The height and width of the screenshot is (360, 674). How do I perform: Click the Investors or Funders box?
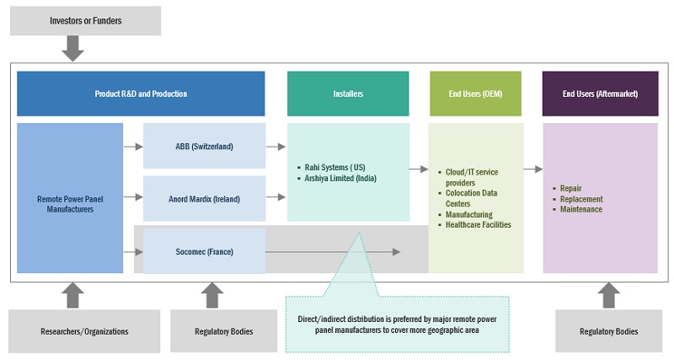(x=85, y=20)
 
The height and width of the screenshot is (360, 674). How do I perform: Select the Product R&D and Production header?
(x=141, y=94)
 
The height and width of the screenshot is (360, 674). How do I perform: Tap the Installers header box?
(x=348, y=94)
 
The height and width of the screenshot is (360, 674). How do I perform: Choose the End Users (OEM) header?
(x=476, y=94)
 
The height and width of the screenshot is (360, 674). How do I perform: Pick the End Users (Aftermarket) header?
(x=600, y=94)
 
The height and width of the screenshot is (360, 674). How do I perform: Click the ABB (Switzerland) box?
(x=204, y=146)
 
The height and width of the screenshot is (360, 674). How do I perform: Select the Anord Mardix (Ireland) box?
(x=204, y=199)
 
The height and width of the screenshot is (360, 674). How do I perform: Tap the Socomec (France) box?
(x=204, y=251)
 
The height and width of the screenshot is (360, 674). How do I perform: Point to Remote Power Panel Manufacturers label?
(x=70, y=204)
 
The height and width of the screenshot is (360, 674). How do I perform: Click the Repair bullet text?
(x=570, y=189)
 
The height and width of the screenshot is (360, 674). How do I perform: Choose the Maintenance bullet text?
(x=580, y=209)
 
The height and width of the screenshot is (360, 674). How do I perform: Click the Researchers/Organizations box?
(x=84, y=331)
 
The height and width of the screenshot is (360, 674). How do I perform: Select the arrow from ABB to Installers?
(x=275, y=146)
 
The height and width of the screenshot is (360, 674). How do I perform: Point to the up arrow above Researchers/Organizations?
(x=74, y=295)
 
